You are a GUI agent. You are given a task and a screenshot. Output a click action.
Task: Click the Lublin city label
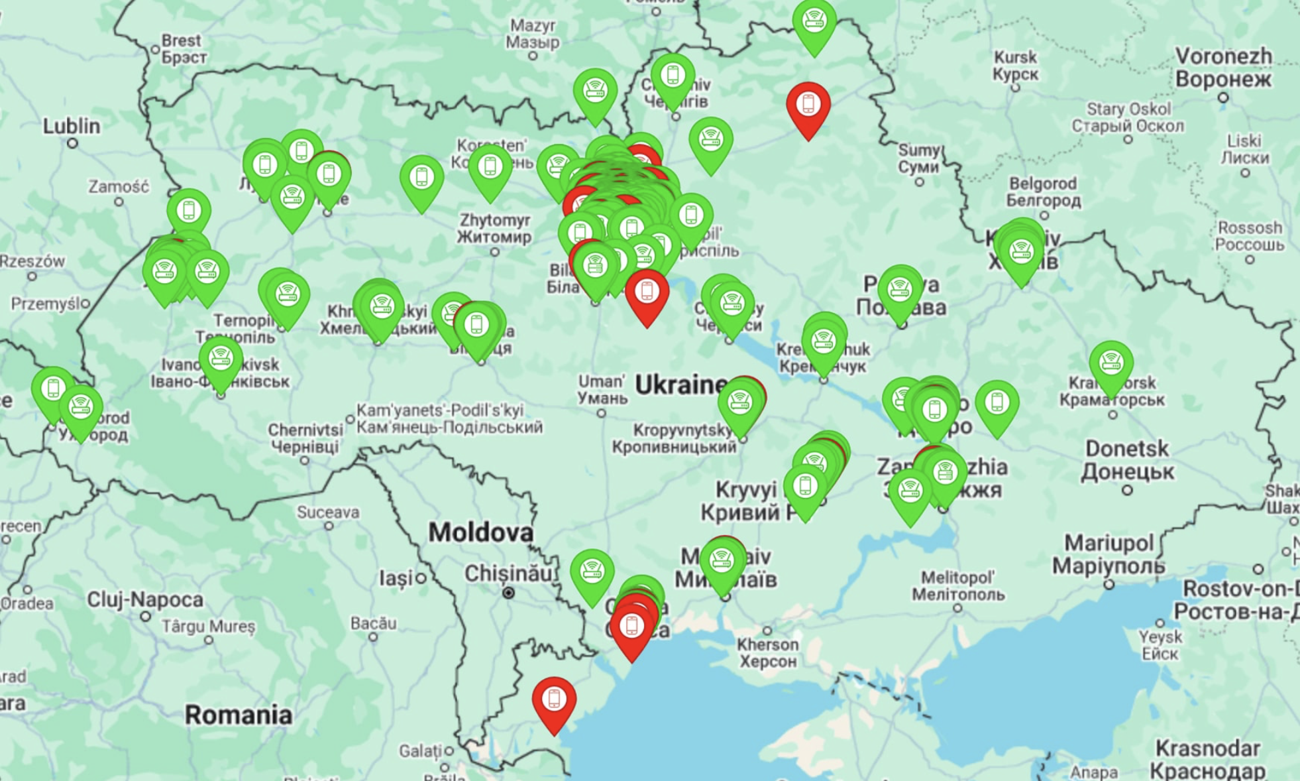point(72,126)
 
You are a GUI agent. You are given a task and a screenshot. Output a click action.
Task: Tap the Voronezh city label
point(1223,68)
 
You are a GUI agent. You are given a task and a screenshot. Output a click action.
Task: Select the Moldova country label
point(480,532)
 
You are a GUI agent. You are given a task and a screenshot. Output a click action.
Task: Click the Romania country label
point(238,715)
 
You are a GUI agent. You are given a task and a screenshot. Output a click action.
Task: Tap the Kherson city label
point(768,652)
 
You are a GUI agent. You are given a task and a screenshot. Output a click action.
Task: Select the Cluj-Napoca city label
point(145,599)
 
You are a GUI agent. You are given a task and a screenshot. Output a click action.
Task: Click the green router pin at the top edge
point(814,23)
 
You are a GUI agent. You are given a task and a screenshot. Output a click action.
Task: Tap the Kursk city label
point(1015,66)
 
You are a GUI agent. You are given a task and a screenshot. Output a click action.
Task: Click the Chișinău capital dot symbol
point(508,593)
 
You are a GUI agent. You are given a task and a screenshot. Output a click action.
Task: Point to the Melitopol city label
point(957,585)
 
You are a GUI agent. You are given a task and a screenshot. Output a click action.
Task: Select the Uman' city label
point(602,390)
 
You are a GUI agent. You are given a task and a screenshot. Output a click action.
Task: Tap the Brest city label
point(182,48)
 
